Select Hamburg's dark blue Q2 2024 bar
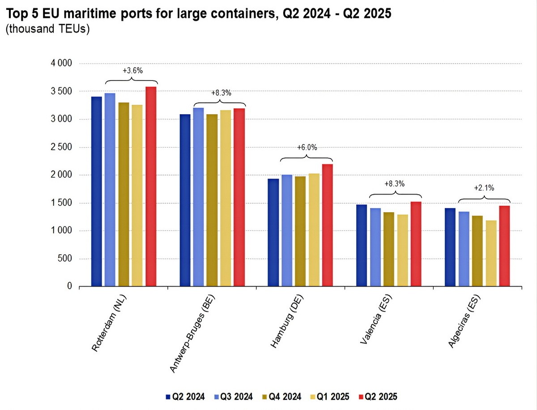pos(273,232)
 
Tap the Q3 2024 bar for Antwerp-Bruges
pos(199,197)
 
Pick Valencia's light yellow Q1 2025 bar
pos(403,250)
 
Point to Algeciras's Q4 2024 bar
pos(477,251)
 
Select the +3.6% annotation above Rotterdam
pos(132,71)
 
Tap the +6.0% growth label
pos(307,148)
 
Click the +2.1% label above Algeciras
pos(484,188)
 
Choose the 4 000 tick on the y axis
pos(62,64)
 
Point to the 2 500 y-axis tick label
pos(62,147)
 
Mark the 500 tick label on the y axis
pos(66,259)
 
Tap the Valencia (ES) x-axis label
pos(375,320)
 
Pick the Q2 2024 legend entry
pos(185,397)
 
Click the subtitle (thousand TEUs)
pos(47,30)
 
